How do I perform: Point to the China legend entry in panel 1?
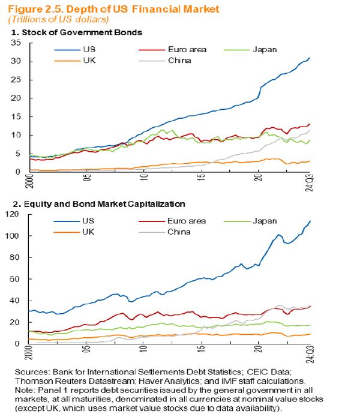167,61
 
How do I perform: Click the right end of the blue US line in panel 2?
310,221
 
